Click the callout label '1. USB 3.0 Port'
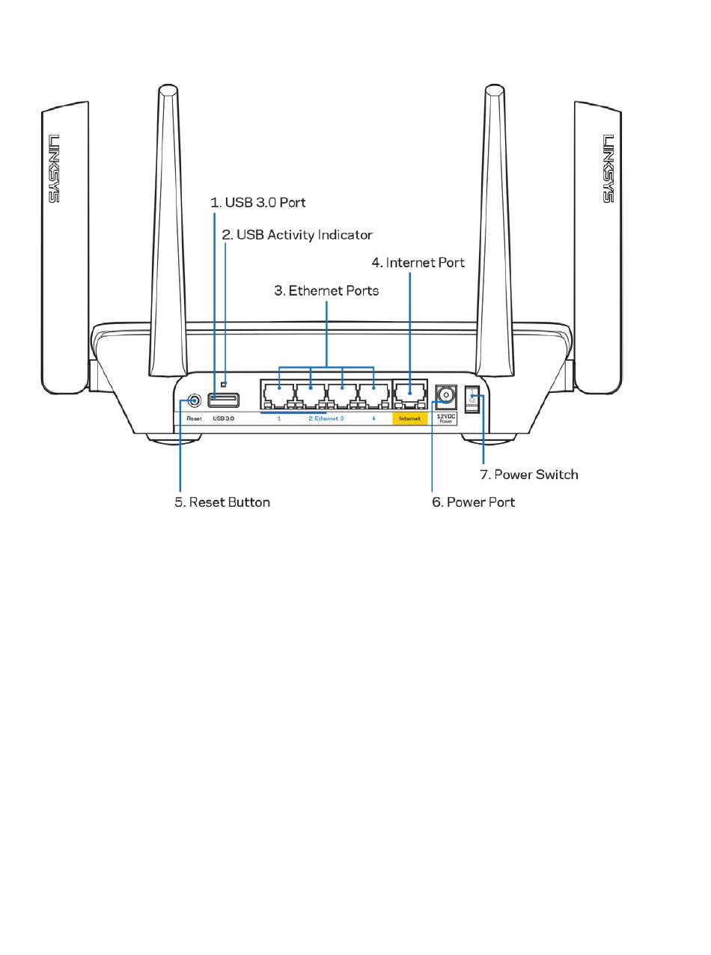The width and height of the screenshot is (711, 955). click(257, 202)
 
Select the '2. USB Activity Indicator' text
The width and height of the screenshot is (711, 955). click(296, 235)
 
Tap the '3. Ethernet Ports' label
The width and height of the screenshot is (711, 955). click(326, 290)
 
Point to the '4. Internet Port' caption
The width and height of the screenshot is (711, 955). click(418, 263)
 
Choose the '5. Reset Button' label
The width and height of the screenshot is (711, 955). click(222, 502)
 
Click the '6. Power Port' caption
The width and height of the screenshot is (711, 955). click(473, 502)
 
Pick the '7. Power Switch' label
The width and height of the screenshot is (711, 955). click(529, 475)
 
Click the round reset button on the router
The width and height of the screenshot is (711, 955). click(195, 401)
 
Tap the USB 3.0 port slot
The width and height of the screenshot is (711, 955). click(224, 400)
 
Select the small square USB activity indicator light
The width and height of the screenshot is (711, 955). click(223, 384)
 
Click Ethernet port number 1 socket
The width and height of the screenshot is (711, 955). click(278, 395)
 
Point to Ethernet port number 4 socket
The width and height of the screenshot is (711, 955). click(373, 395)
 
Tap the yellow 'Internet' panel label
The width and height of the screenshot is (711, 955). click(409, 418)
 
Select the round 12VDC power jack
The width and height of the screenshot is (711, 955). click(446, 394)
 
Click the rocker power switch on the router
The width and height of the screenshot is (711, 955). click(472, 399)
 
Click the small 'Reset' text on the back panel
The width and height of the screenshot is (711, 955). click(195, 418)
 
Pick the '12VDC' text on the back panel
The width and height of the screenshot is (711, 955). click(446, 416)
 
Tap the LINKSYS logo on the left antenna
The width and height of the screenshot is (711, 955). click(53, 168)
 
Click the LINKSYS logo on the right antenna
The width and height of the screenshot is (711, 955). click(608, 168)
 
